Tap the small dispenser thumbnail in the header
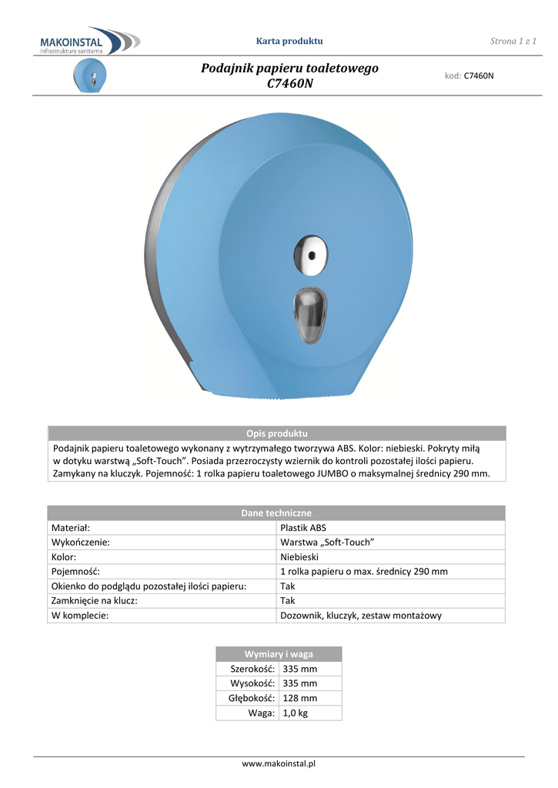pos(89,77)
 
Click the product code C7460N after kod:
pos(478,76)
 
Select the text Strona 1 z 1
pos(513,41)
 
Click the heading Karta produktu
pos(289,41)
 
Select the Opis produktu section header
pos(276,433)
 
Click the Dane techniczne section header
pos(276,513)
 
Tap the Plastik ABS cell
pos(303,528)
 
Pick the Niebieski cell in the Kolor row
pos(299,556)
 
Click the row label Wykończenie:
pos(80,543)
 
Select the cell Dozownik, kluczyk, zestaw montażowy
pos(360,616)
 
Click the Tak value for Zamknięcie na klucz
pos(288,601)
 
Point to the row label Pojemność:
pos(75,572)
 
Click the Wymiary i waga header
pos(279,654)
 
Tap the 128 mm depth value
pos(300,699)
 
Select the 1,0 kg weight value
pos(296,713)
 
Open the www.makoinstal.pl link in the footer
pos(279,763)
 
